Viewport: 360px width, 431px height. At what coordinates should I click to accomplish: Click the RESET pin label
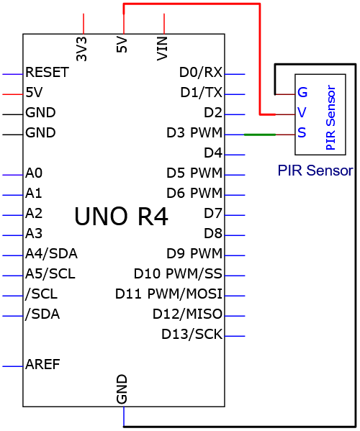[47, 72]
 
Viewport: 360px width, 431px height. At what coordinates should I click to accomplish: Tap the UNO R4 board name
[121, 217]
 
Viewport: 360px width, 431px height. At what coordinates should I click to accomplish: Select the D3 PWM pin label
[194, 133]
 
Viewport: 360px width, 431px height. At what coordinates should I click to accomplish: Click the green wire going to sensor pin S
[260, 135]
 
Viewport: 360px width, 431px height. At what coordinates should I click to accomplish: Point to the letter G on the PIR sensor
[302, 92]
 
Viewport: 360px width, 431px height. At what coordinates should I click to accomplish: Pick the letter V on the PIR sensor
[302, 112]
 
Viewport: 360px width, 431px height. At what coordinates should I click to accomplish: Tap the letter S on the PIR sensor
[302, 133]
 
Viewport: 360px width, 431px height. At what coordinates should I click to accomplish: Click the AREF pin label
[42, 365]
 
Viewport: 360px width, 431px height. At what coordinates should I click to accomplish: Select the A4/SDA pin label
[51, 254]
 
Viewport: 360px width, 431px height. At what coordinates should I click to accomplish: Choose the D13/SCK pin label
[192, 335]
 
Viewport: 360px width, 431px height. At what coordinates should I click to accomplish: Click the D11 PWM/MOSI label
[168, 294]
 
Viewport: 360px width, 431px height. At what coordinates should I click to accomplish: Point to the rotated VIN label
[162, 49]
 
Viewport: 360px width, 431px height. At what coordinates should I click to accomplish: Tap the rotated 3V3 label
[81, 49]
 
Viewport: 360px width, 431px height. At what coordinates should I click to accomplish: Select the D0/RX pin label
[201, 72]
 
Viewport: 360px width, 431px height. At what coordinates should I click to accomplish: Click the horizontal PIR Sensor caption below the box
[315, 171]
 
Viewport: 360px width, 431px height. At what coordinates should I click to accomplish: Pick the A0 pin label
[34, 173]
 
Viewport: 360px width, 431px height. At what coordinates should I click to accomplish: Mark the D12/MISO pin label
[187, 314]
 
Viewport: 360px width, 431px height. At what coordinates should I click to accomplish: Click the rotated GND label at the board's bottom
[122, 389]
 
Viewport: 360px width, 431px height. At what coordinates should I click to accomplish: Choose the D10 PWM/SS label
[178, 273]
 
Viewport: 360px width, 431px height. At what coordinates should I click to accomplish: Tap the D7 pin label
[213, 213]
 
